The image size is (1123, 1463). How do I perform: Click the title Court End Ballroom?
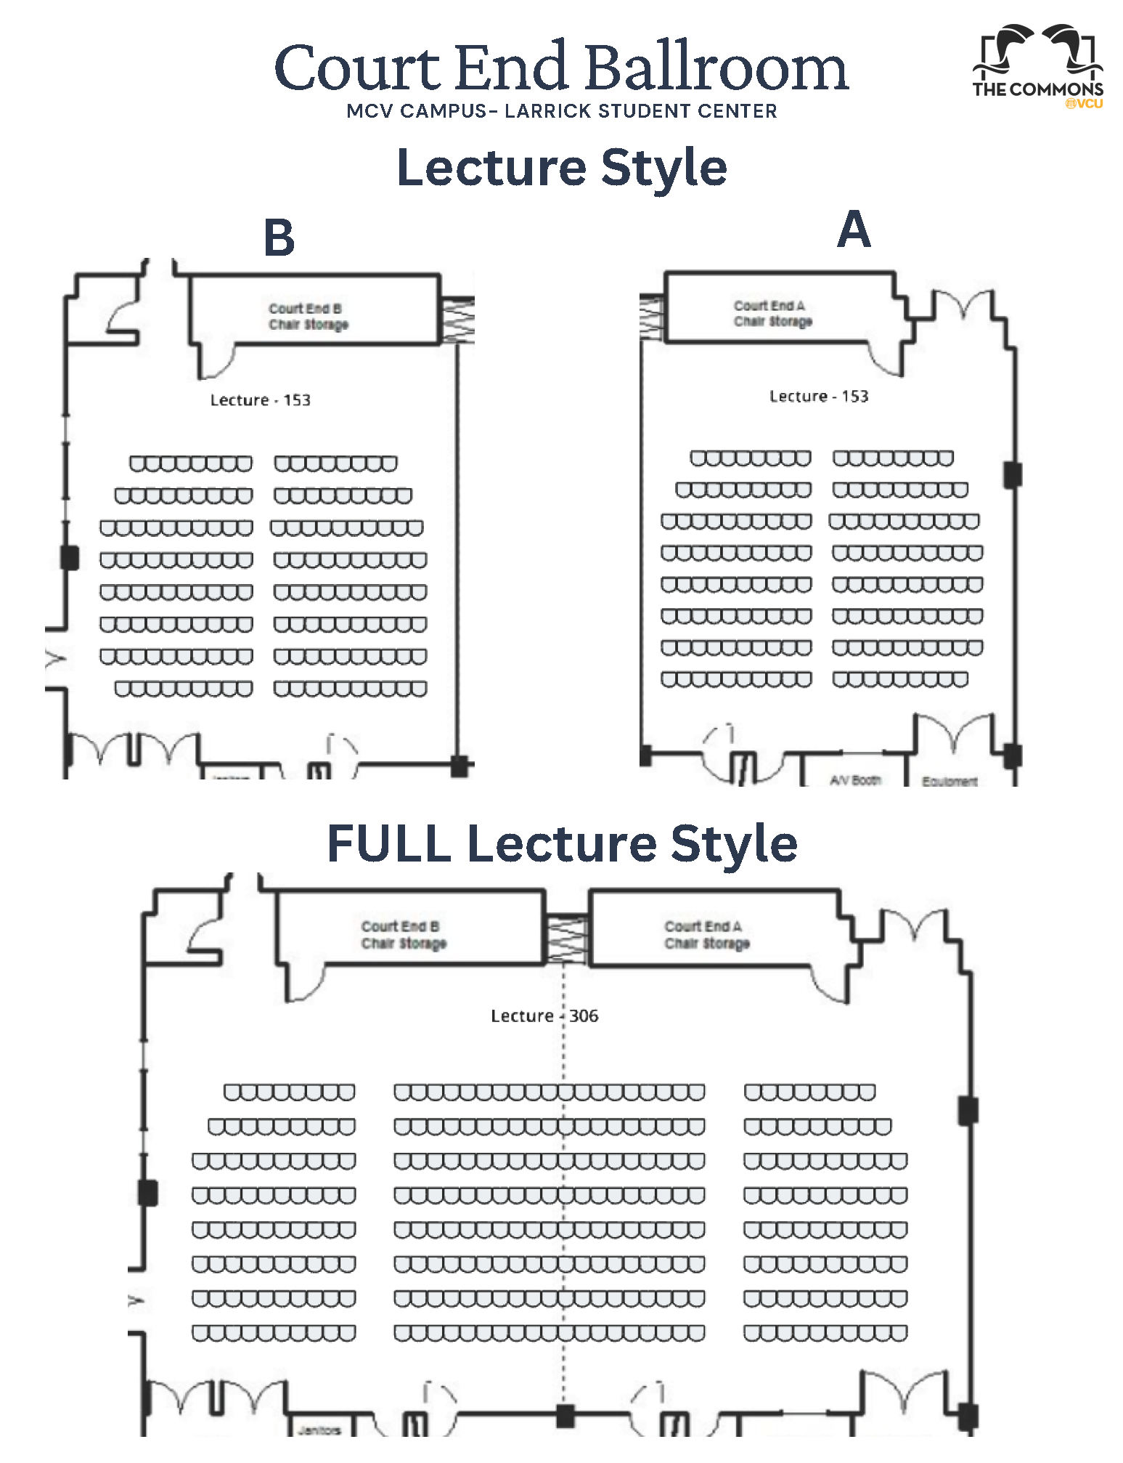click(x=561, y=67)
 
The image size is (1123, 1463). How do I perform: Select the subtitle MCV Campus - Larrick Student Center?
click(x=561, y=111)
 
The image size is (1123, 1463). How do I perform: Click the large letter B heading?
click(x=279, y=238)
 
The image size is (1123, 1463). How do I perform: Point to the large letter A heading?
click(x=854, y=230)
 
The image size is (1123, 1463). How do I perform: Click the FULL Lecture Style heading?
click(x=562, y=844)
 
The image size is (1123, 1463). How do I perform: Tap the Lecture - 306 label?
click(x=544, y=1016)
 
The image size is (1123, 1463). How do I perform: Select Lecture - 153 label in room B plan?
click(x=260, y=400)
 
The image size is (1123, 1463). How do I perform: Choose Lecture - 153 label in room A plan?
click(x=818, y=397)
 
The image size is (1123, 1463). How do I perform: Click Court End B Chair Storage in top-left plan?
click(x=308, y=317)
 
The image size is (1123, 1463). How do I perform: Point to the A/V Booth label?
click(x=855, y=780)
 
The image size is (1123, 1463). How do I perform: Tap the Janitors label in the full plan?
click(x=319, y=1430)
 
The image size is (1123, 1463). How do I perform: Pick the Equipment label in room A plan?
click(x=950, y=782)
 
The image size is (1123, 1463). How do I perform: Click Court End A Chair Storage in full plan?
click(x=706, y=935)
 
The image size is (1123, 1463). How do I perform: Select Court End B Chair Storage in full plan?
click(x=403, y=935)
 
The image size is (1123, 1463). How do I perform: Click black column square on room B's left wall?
click(x=70, y=558)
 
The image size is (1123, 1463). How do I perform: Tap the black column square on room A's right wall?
click(x=1013, y=475)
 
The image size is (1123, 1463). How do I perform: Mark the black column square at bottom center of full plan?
click(x=565, y=1416)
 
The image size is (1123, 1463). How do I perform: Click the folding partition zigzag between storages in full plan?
click(x=566, y=939)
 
